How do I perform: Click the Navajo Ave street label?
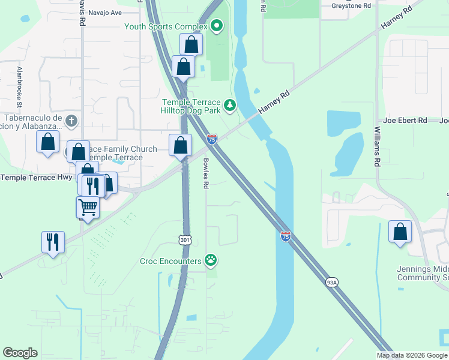105,12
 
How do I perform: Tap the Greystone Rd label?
351,6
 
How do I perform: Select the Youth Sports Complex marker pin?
217,26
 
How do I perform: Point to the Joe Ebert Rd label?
405,121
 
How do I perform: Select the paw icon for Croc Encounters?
211,260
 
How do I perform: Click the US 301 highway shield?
185,239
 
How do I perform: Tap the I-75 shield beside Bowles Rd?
211,139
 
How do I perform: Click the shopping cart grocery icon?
88,208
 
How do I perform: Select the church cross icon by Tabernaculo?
71,121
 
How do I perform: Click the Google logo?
20,353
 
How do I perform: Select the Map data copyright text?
412,355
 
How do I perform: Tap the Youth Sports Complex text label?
165,26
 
